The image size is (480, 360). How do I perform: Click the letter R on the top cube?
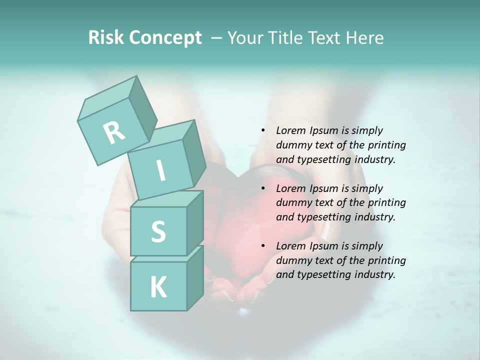point(114,132)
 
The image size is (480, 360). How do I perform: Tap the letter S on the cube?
point(158,231)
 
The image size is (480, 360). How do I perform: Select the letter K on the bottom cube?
point(158,287)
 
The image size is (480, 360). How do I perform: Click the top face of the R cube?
point(107,97)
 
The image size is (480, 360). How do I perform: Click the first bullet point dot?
point(263,131)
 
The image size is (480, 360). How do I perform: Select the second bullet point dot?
point(263,188)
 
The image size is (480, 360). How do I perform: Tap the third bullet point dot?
point(263,246)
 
